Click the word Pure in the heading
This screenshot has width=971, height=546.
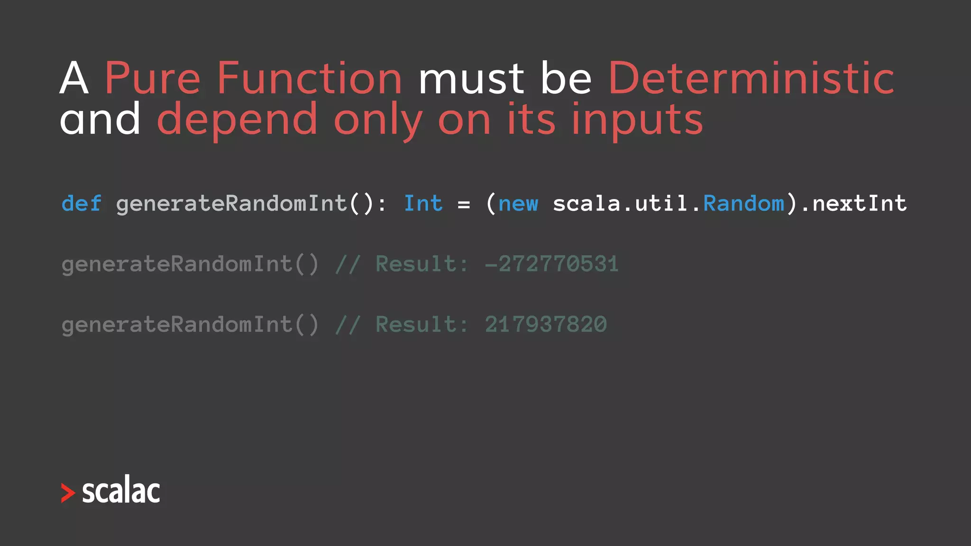click(x=152, y=79)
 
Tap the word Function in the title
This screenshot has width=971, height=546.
click(x=309, y=79)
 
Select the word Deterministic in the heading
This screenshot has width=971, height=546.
click(x=751, y=79)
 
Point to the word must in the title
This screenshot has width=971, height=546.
click(x=471, y=79)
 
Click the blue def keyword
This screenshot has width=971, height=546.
click(x=81, y=204)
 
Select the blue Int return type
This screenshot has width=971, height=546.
click(x=423, y=204)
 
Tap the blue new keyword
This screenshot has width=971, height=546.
click(x=518, y=204)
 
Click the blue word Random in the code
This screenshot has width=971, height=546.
click(x=743, y=204)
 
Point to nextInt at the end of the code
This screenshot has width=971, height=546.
click(x=859, y=204)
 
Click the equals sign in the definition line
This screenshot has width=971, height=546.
click(x=464, y=205)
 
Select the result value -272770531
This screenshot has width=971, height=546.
click(x=551, y=264)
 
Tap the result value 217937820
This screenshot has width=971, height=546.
click(x=545, y=325)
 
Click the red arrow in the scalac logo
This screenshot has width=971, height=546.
click(x=68, y=493)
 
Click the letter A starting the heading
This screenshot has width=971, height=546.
click(x=74, y=79)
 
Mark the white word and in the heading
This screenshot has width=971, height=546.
click(x=100, y=119)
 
